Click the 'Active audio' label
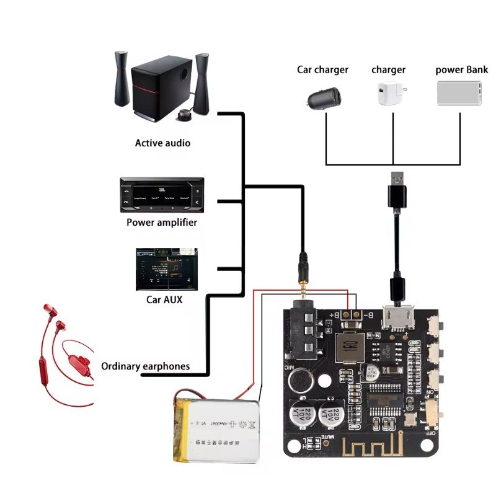162,143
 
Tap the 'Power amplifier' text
162,222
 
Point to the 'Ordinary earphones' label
145,366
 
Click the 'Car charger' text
322,69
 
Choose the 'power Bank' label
461,69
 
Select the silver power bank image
460,92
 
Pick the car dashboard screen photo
166,270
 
